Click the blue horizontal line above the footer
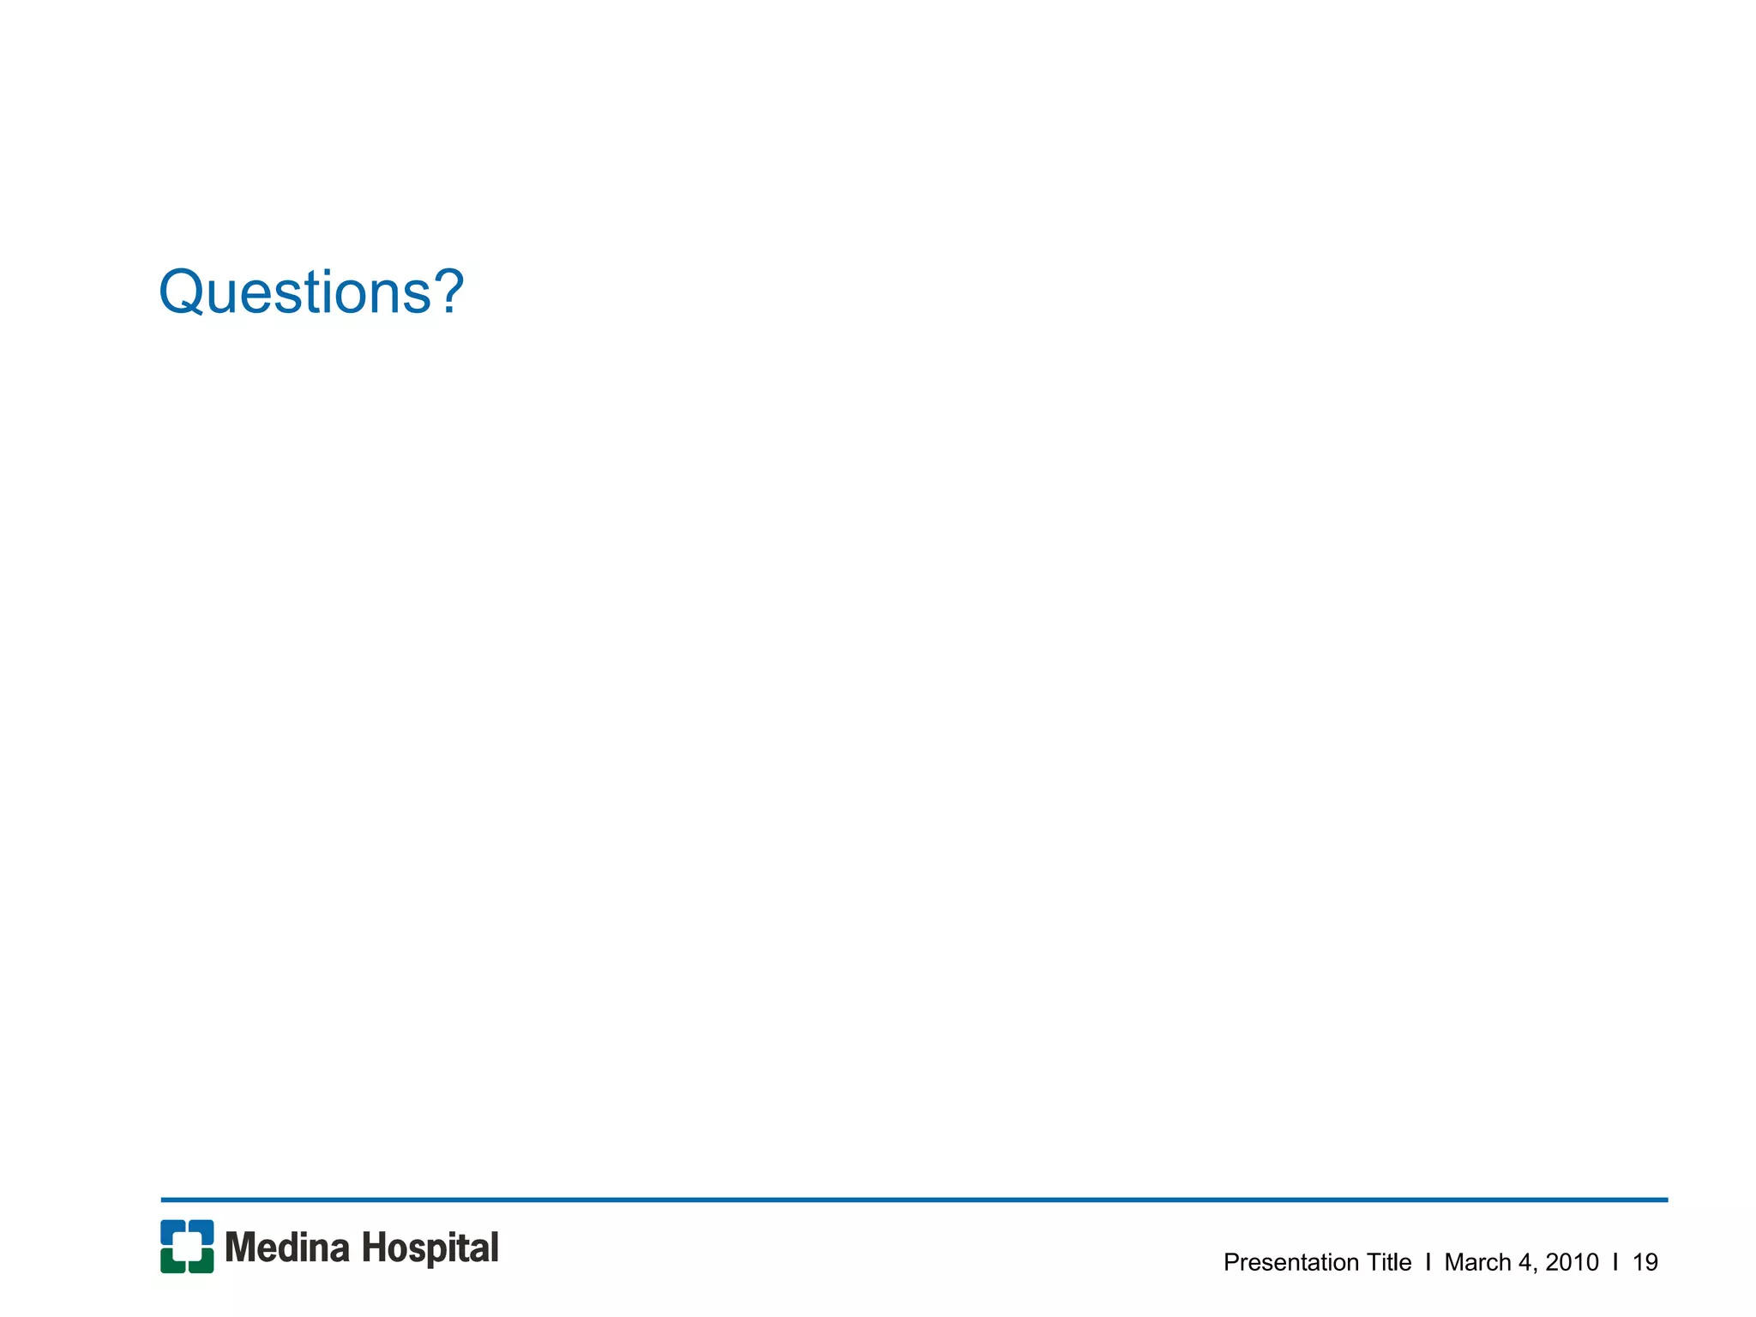[x=914, y=1200]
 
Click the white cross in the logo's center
[x=187, y=1247]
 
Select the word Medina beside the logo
[x=287, y=1248]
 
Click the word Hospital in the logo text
[x=430, y=1248]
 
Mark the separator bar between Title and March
[x=1428, y=1262]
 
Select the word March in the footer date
[x=1477, y=1262]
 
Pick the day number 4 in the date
[x=1524, y=1262]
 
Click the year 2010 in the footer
[x=1572, y=1262]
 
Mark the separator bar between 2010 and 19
[x=1615, y=1262]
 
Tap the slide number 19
[x=1645, y=1262]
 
